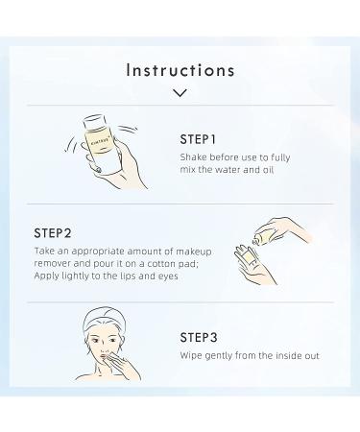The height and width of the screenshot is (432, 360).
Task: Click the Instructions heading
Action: pos(180,70)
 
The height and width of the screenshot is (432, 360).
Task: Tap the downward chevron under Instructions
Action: pos(180,93)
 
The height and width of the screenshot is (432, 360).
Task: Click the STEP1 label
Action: pos(198,139)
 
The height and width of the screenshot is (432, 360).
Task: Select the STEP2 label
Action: pos(53,233)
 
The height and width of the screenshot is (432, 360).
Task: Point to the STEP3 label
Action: pos(199,337)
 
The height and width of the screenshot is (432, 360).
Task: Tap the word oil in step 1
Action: pos(268,170)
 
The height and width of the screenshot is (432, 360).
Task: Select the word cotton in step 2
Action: pos(161,264)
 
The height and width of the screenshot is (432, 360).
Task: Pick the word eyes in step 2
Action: pos(168,276)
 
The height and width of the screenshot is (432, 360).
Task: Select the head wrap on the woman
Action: pos(104,320)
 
